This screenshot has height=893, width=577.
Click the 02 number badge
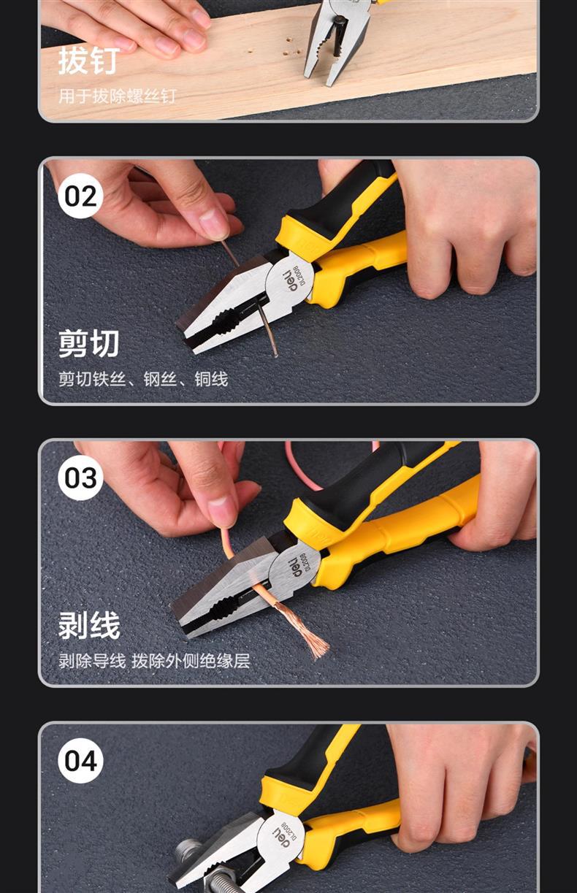coord(80,196)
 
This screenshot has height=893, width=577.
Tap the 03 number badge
coord(80,478)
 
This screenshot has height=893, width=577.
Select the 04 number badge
coord(80,761)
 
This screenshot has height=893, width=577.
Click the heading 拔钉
coord(89,61)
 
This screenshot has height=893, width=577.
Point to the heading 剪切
coord(89,343)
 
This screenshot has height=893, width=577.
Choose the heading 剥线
coord(89,625)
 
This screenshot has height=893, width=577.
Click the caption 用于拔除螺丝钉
coord(118,96)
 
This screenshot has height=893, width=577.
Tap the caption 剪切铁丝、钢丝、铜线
coord(143,379)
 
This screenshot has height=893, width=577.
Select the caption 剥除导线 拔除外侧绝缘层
coord(154,661)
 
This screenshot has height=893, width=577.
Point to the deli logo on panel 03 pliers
coord(297,565)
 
